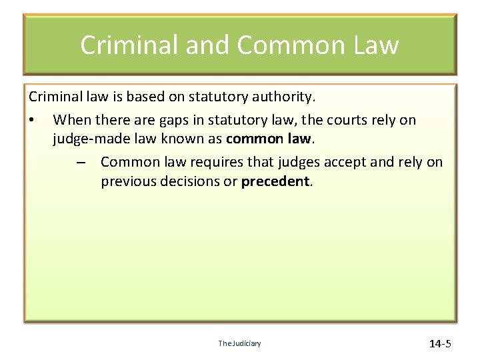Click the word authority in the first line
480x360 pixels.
pos(287,97)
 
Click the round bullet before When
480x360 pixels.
pos(32,121)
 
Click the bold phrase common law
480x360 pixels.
pos(269,139)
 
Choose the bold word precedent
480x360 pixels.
pos(275,181)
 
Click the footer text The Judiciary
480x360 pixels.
pos(239,343)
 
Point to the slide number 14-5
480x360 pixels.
pos(440,344)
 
